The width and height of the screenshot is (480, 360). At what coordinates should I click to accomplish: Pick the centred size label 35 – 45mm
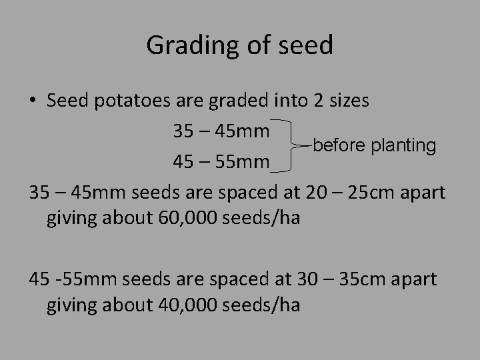[x=221, y=131]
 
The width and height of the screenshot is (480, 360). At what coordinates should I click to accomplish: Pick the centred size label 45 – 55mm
[x=221, y=162]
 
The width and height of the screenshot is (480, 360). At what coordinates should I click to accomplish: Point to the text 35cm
[x=365, y=279]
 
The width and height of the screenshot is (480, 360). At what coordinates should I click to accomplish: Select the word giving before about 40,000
[x=69, y=306]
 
